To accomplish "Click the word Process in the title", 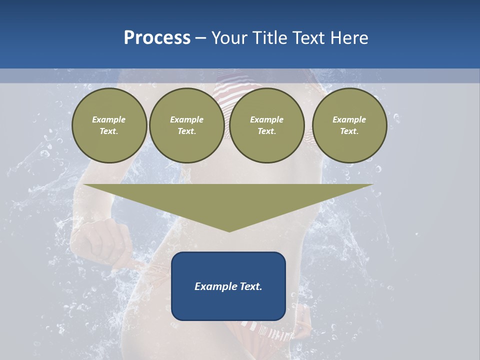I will click(157, 38).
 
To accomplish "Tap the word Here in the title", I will click(348, 38).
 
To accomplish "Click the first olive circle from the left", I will click(109, 125).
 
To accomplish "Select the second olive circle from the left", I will click(186, 125).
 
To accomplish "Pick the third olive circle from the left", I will click(266, 125).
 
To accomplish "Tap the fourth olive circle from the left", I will click(349, 125).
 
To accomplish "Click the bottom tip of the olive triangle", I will click(229, 230).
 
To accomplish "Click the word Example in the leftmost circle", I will click(109, 119).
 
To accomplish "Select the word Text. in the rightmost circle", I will click(349, 131).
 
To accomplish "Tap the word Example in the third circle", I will click(266, 119).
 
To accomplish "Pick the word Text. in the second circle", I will click(186, 131).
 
